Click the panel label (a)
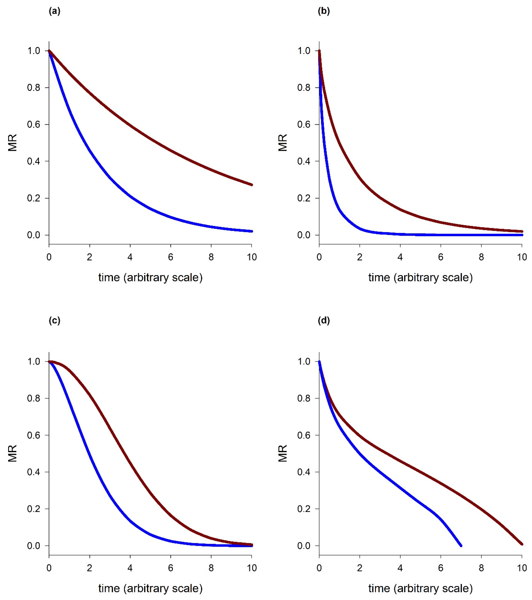point(55,11)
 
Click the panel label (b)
point(324,11)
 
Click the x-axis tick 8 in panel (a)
point(211,257)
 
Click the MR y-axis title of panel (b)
point(283,143)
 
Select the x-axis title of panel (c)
point(150,588)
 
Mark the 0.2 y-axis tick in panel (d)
point(304,509)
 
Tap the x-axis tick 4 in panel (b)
point(400,257)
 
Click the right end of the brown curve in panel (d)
point(522,544)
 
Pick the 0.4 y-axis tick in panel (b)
point(304,161)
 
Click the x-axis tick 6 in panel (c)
point(170,568)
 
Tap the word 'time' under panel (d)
point(379,588)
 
